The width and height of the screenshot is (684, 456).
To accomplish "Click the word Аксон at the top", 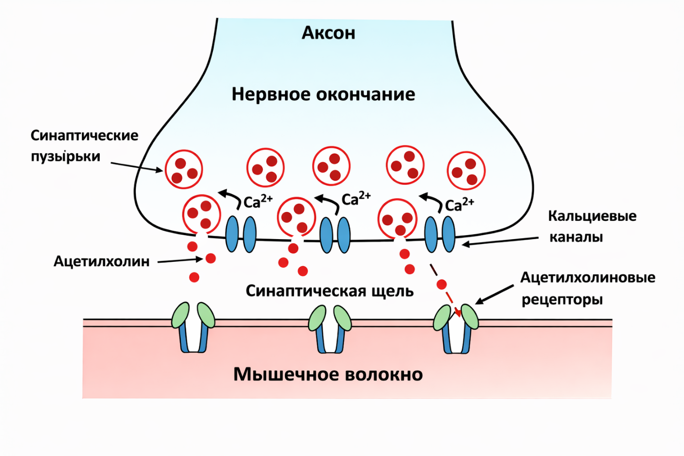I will click(328, 33).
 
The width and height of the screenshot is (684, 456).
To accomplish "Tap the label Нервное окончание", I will click(323, 94).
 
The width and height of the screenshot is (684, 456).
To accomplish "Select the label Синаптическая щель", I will click(329, 290).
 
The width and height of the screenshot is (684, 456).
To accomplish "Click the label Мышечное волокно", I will click(328, 374).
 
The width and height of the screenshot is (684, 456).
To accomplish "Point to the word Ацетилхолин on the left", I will click(101, 261).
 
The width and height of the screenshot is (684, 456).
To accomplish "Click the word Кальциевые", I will click(592, 216).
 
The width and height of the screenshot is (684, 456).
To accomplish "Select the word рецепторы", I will click(562, 299).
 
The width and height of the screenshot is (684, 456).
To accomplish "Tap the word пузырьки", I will click(65, 156).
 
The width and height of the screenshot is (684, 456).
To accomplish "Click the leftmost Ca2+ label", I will click(257, 201).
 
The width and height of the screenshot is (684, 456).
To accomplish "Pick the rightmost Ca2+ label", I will click(459, 204).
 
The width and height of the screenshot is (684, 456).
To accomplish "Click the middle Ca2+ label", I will click(356, 198).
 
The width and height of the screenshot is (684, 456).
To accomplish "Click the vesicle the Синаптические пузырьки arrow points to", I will click(184, 169).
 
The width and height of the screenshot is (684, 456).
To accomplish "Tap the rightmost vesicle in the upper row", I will click(466, 170).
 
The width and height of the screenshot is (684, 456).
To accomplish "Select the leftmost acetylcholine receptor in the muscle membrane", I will click(193, 327).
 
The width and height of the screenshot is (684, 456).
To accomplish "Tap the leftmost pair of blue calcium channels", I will click(241, 234).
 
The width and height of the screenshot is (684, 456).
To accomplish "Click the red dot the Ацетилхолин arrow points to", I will click(210, 258).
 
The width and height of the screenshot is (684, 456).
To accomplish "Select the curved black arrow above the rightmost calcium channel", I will click(431, 201).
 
